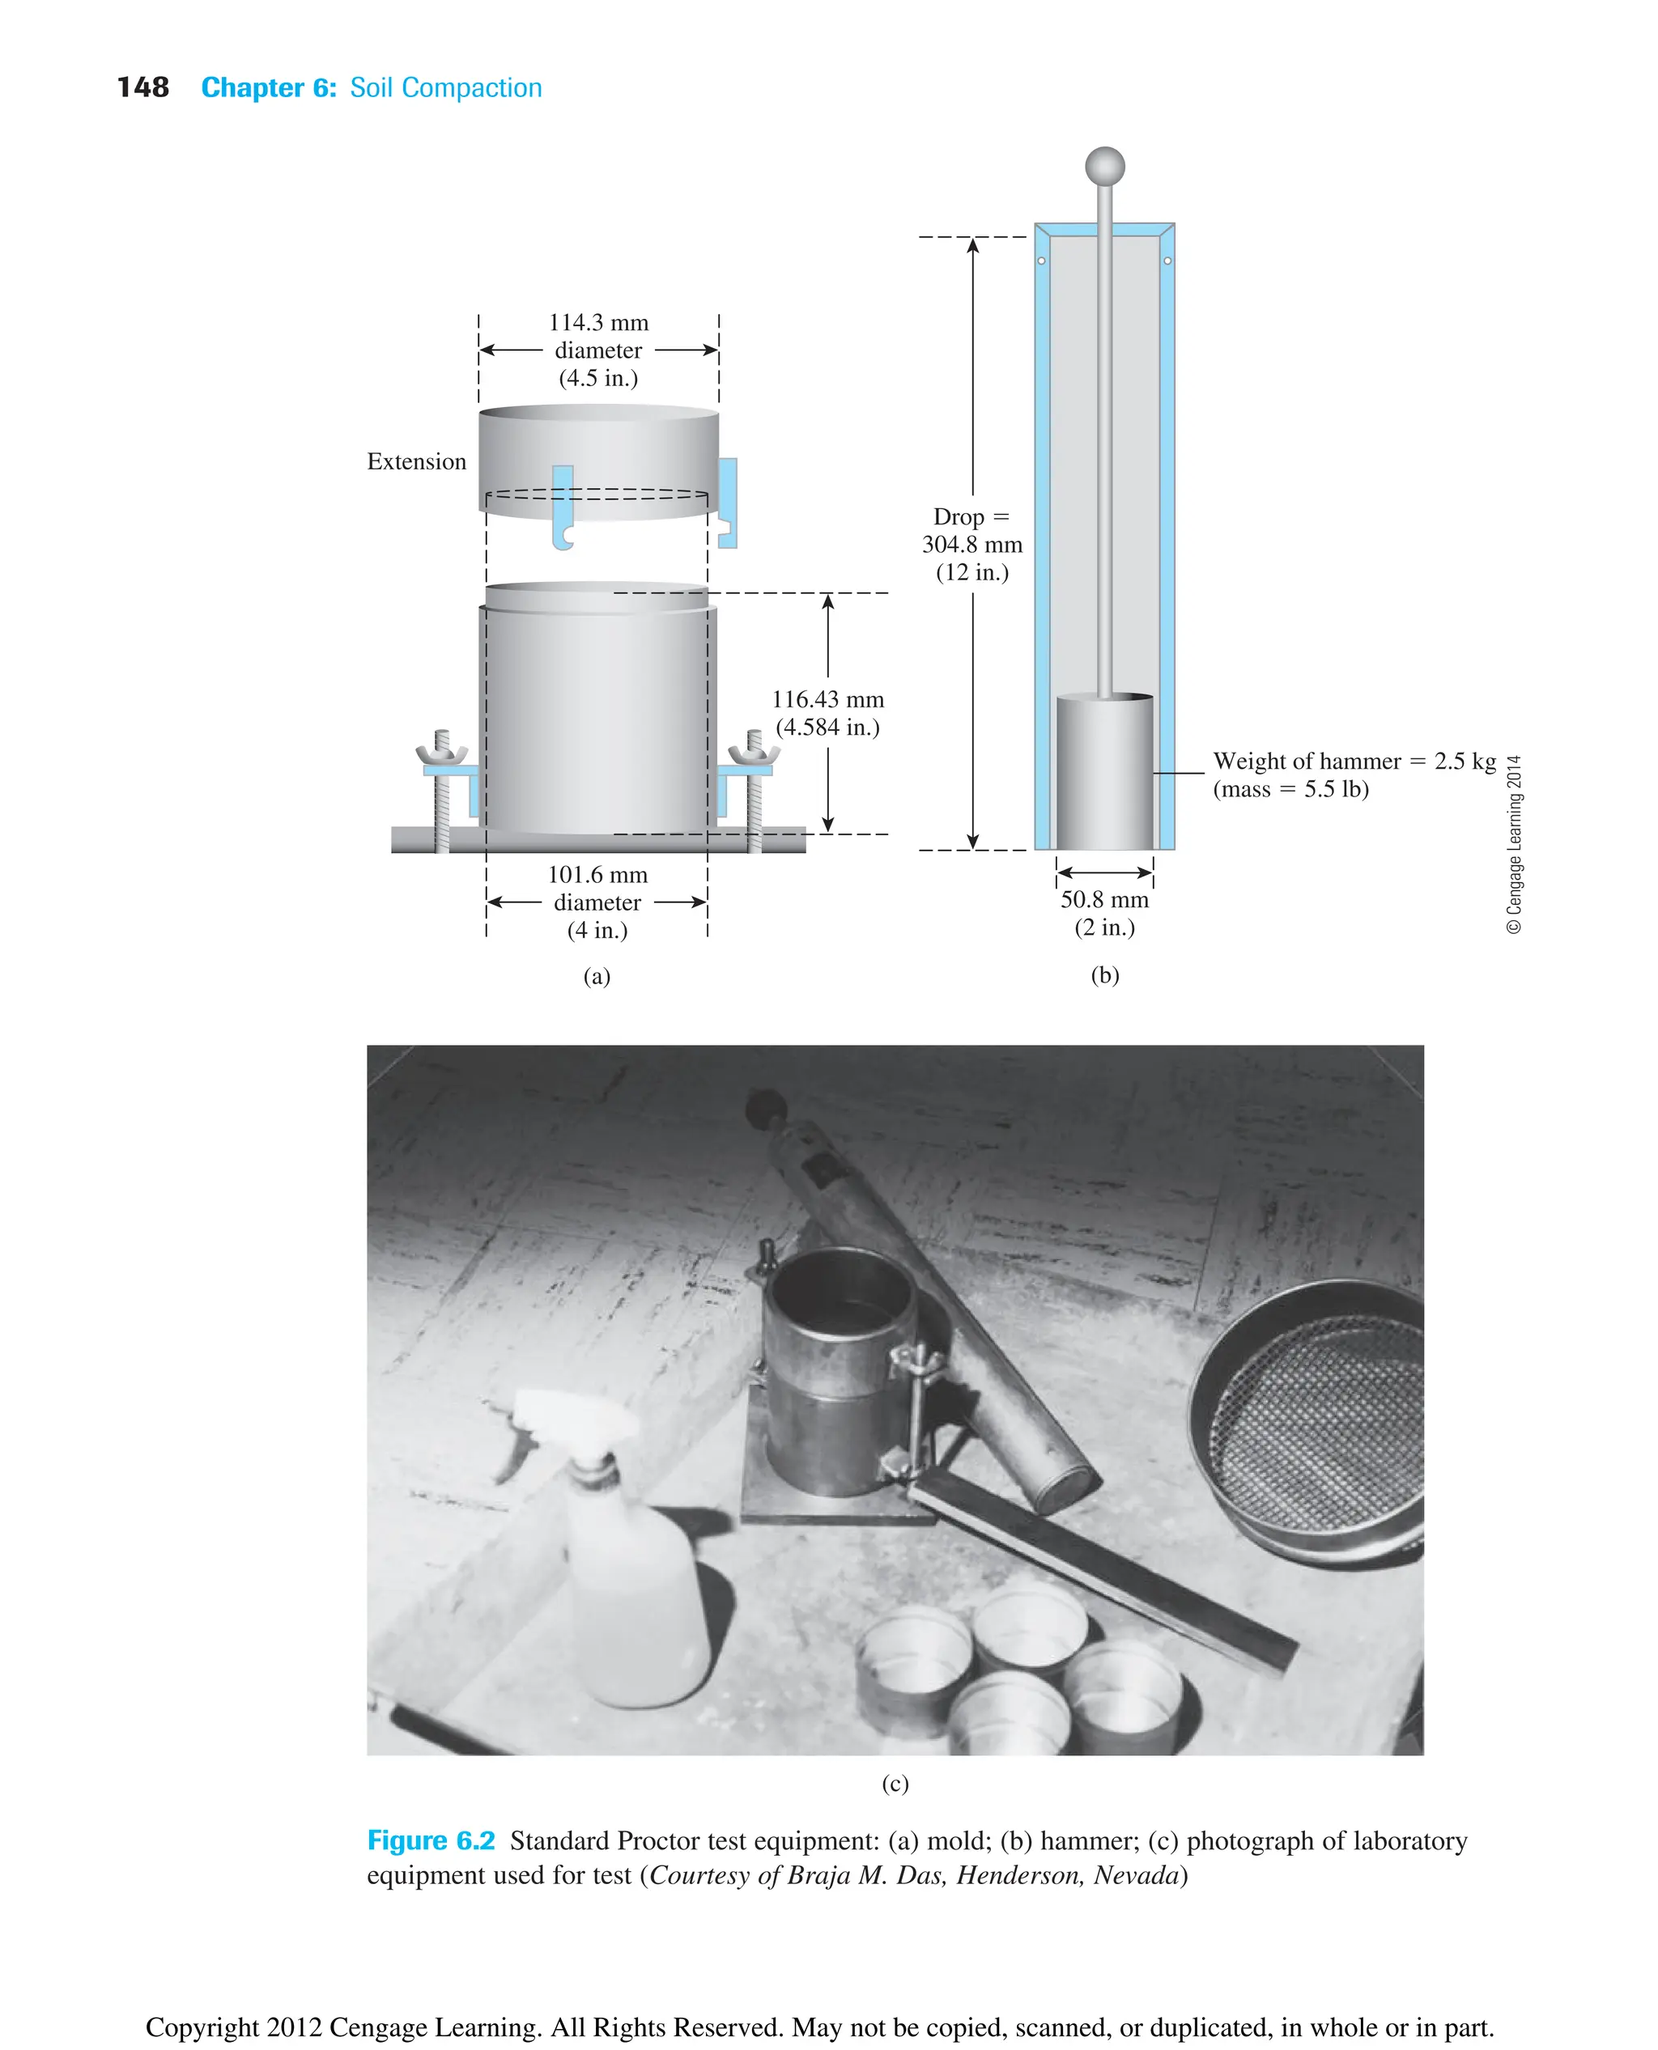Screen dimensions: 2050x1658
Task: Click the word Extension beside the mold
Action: click(x=416, y=461)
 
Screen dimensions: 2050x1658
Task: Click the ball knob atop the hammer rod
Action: click(x=1105, y=166)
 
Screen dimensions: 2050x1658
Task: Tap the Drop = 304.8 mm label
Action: click(x=971, y=544)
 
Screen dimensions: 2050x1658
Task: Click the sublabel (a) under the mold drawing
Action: click(x=597, y=976)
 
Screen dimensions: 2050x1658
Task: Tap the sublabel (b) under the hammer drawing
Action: click(x=1105, y=975)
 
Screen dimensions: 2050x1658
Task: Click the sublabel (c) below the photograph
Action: click(x=895, y=1784)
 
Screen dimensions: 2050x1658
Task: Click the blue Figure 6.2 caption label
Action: click(x=431, y=1841)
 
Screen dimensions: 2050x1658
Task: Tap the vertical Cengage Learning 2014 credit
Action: click(x=1514, y=844)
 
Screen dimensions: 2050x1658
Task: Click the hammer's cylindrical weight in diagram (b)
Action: click(x=1104, y=774)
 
